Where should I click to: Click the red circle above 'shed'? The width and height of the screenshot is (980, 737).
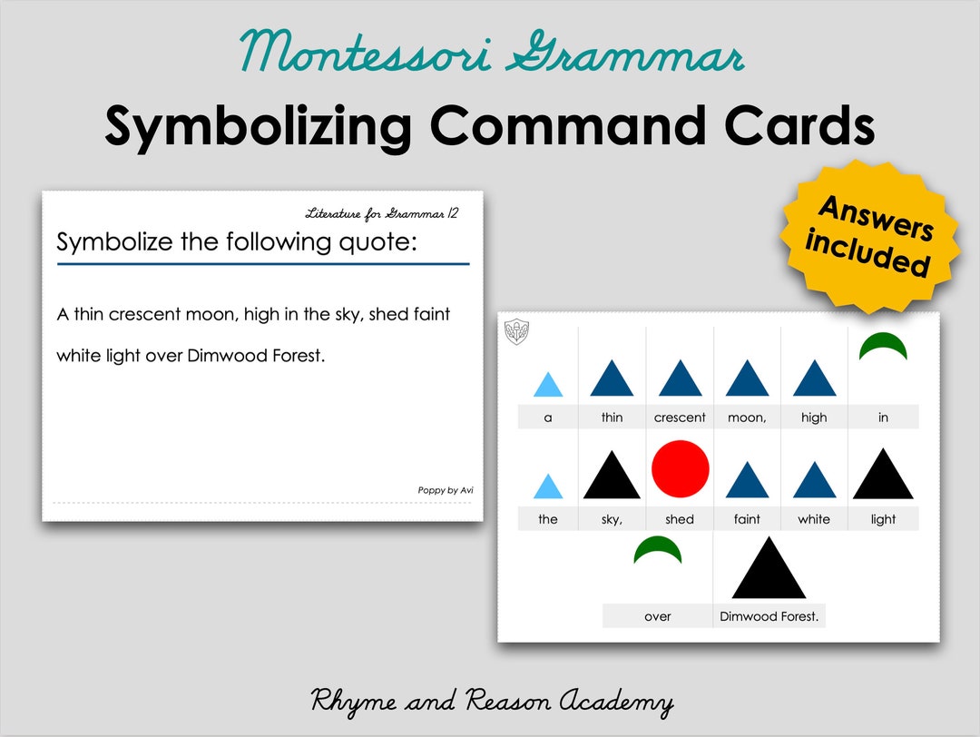680,469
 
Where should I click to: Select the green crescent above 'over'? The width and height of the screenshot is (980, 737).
658,549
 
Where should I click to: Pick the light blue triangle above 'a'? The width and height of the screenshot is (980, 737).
548,387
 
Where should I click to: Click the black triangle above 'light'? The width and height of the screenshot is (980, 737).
883,477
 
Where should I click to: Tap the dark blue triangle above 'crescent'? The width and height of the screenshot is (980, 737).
680,379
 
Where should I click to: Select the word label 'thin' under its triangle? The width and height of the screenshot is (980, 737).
612,418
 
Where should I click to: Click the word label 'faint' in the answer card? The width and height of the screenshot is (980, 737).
747,519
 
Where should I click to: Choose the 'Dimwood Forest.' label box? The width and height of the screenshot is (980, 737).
769,616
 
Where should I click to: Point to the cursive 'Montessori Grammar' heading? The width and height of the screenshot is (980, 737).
492,53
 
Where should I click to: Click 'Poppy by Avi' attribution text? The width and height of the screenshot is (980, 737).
445,490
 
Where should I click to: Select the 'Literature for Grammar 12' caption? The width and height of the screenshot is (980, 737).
381,214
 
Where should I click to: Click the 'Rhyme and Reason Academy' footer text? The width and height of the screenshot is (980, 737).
492,702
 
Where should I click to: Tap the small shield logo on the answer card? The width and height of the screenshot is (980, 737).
516,331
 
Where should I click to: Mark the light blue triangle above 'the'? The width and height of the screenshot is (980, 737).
548,487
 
